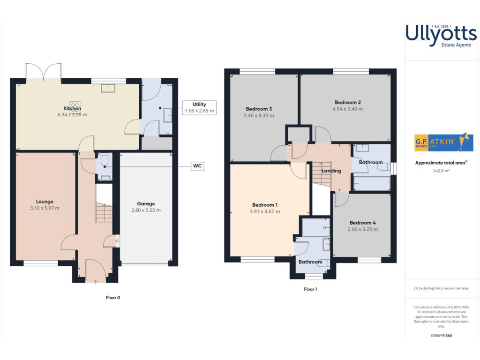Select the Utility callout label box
pos(199,107)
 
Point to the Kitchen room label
pos(72,108)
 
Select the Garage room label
pos(146,203)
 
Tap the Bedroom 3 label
pos(259,109)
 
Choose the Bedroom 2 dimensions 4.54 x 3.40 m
pos(347,109)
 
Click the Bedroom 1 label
pos(265,205)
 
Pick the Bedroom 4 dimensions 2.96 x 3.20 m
pos(362,229)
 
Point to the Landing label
pos(331,171)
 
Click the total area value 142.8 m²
pos(441,171)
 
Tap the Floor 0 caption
pos(113,297)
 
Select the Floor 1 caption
pos(310,289)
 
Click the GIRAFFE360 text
pos(441,336)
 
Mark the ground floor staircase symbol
pos(104,213)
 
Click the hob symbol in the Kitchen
pos(74,105)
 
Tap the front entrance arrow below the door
pos(96,282)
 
